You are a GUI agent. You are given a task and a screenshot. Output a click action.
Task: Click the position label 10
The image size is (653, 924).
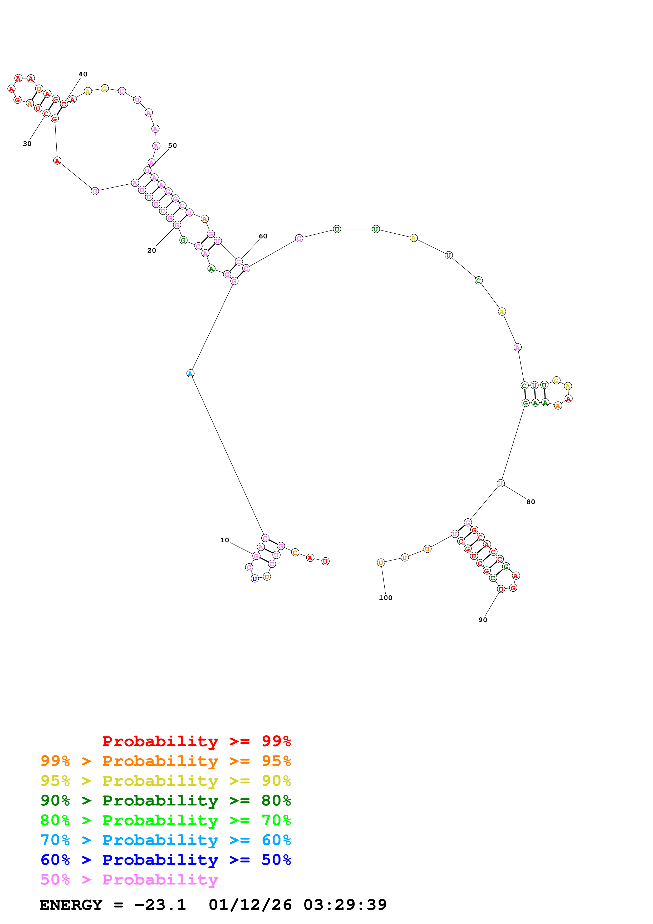[x=224, y=540]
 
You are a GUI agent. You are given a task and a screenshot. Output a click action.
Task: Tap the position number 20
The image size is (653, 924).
[x=152, y=250]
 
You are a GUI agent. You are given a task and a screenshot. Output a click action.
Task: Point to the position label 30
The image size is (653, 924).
[x=27, y=144]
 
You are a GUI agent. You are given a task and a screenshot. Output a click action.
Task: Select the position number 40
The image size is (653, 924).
[x=83, y=74]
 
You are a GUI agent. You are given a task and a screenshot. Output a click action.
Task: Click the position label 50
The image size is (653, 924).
[x=173, y=145]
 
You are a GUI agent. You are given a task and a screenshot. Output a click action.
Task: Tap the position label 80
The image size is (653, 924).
[x=531, y=502]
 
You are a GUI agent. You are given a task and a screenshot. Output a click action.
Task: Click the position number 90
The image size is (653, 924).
[x=483, y=620]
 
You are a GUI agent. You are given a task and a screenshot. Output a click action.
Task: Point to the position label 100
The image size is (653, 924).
[x=385, y=598]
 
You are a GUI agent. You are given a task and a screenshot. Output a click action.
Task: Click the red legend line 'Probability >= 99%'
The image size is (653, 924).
[x=197, y=741]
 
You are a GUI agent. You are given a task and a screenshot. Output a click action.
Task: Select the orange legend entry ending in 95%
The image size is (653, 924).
[x=166, y=761]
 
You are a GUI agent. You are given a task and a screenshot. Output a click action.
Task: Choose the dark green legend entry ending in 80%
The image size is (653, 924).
[x=166, y=800]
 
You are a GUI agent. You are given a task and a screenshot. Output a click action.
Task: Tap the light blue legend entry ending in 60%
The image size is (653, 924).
[x=166, y=840]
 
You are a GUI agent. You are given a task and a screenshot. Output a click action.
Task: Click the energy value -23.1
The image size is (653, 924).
[x=160, y=905]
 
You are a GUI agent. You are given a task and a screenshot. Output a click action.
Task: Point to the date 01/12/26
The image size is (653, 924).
[x=250, y=905]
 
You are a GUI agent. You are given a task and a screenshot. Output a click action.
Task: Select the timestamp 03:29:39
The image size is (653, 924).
[x=345, y=905]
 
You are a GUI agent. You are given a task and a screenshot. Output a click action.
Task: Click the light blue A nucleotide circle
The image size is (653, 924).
[x=190, y=373]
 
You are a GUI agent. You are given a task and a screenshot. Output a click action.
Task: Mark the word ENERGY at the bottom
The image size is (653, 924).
[x=71, y=905]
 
